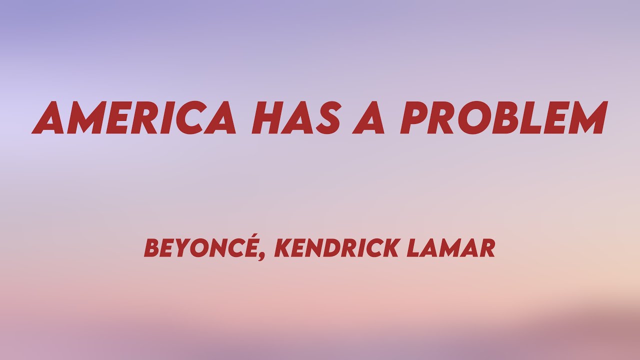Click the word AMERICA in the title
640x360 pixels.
(134, 118)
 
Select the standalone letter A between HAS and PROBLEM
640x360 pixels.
(369, 118)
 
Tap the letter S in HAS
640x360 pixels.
(324, 118)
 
